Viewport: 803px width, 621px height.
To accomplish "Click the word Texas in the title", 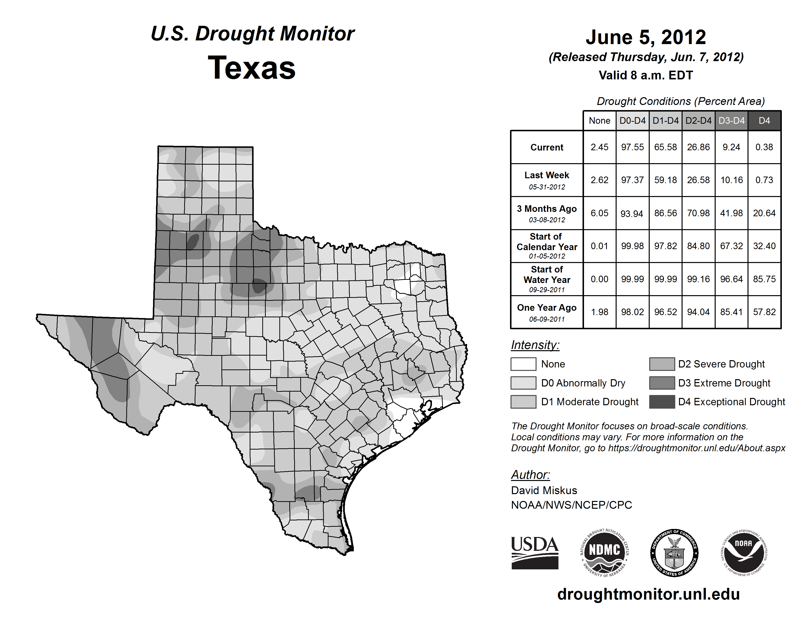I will click(252, 68).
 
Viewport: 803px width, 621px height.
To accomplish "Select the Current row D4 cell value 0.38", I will click(764, 147).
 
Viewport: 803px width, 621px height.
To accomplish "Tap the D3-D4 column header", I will click(731, 121).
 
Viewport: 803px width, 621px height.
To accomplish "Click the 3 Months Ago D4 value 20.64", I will click(764, 213).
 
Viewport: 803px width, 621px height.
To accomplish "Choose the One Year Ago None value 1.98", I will click(599, 312).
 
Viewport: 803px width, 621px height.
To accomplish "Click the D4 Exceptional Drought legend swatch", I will click(662, 402).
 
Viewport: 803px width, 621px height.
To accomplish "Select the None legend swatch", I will click(523, 364).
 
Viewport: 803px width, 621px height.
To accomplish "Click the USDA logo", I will click(535, 553).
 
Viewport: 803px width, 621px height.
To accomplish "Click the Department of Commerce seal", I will click(674, 553).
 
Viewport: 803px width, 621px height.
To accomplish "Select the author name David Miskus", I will click(544, 490).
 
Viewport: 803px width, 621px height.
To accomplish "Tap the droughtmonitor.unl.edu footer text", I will click(648, 594).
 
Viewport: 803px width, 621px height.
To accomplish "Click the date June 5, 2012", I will click(646, 37).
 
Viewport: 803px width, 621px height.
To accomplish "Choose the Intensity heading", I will click(535, 345).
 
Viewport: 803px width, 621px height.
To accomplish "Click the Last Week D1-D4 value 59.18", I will click(665, 180).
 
